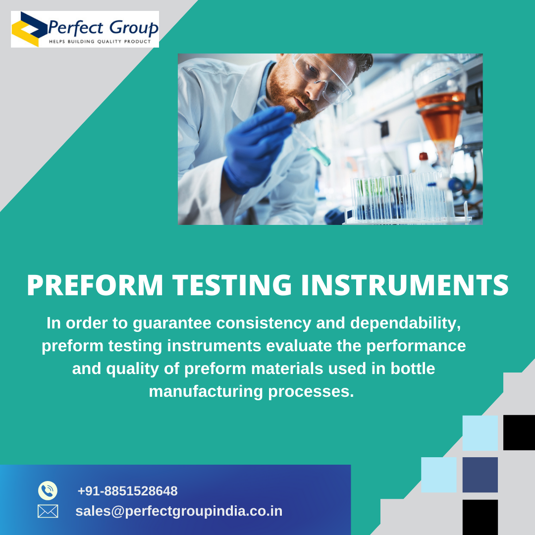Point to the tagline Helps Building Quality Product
[99, 41]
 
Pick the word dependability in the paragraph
[406, 323]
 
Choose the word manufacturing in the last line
[206, 391]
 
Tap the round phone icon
[48, 490]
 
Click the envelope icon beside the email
[48, 511]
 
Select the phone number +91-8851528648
[127, 491]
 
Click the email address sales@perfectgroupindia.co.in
[179, 511]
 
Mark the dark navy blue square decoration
[480, 475]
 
